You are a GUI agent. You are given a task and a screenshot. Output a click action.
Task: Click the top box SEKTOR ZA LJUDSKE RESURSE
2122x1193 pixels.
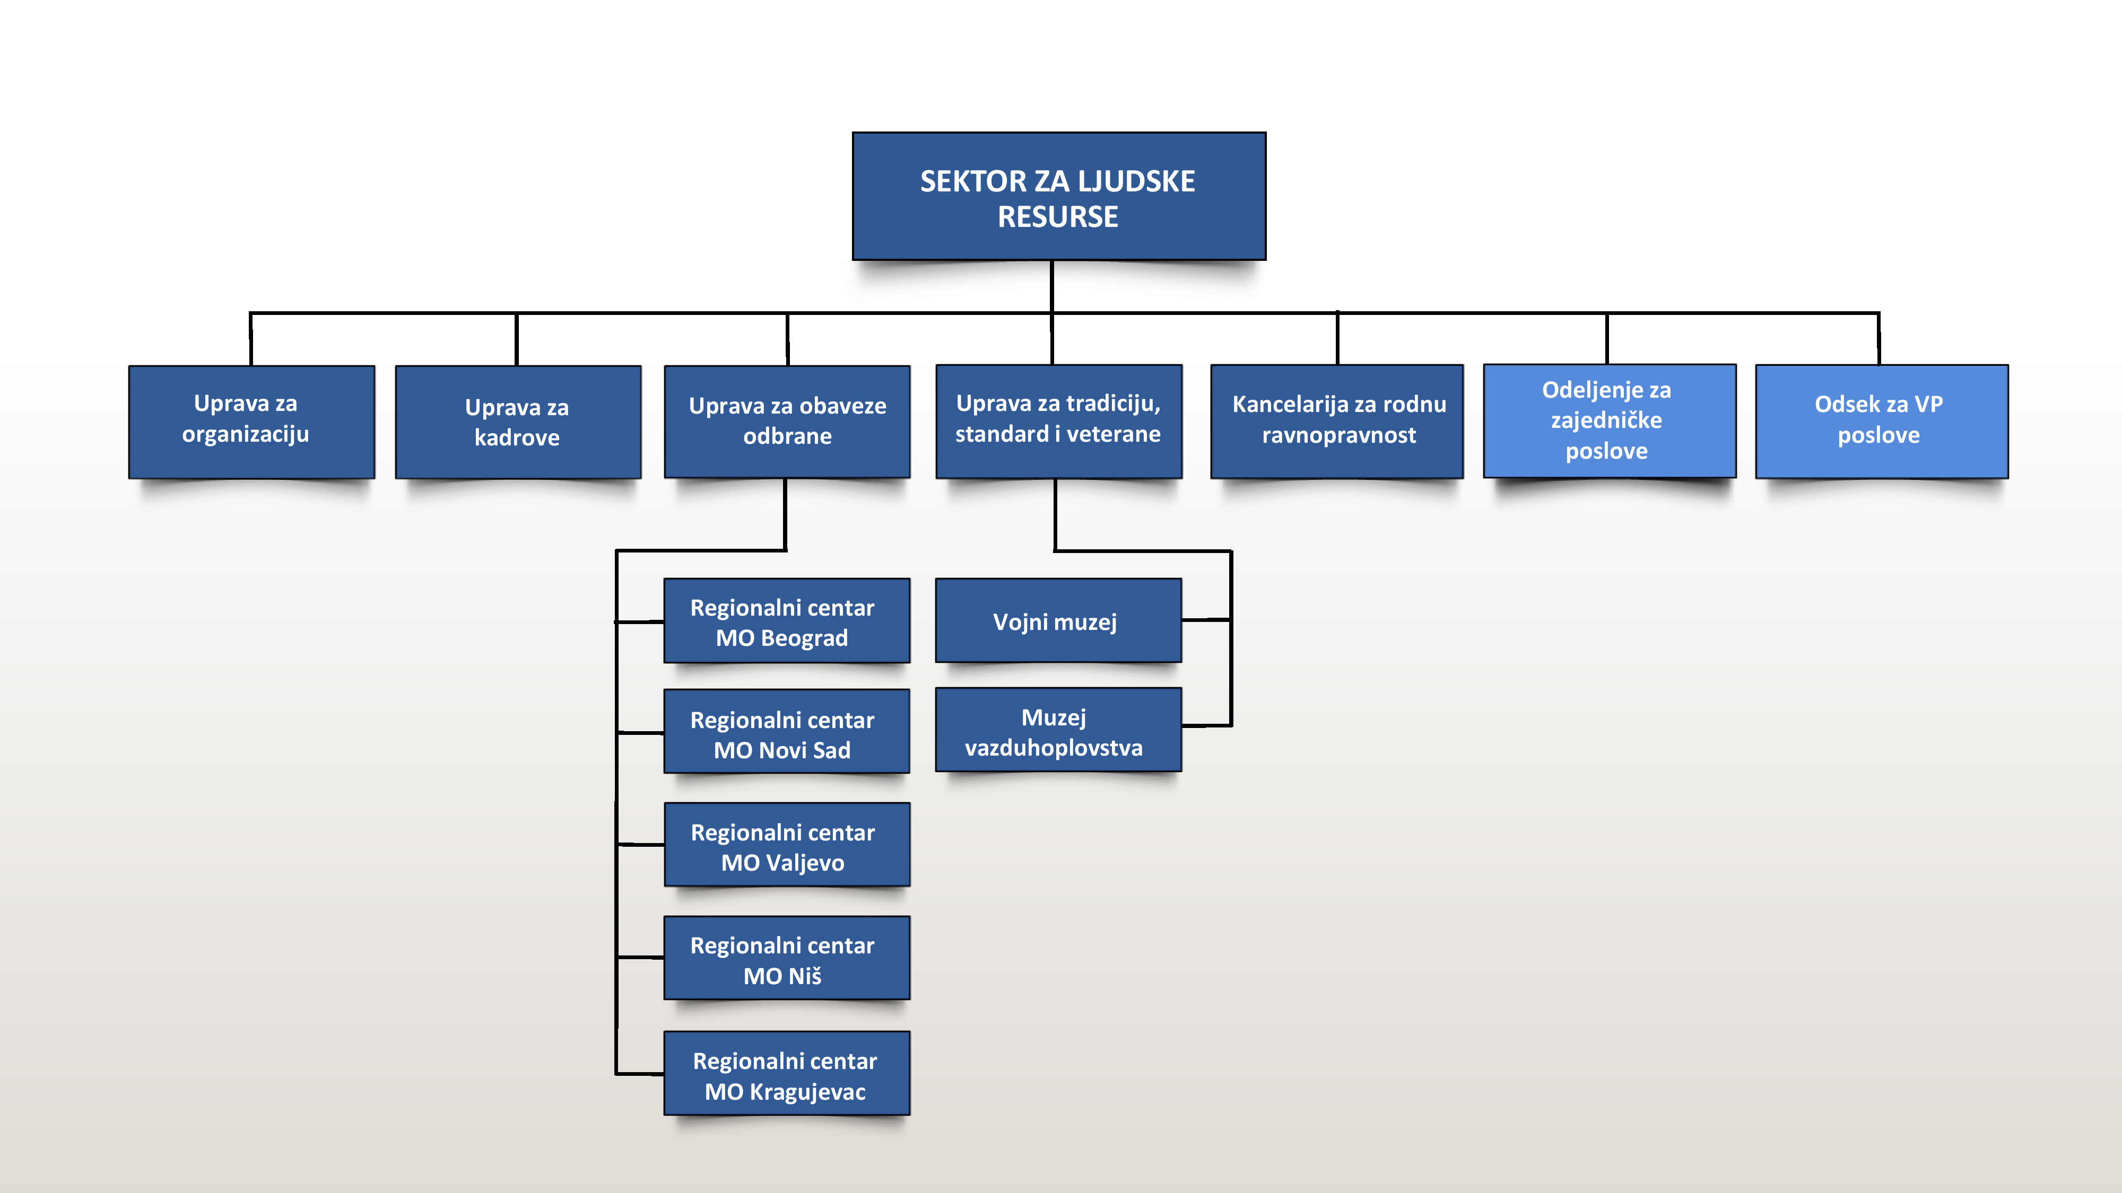[1058, 196]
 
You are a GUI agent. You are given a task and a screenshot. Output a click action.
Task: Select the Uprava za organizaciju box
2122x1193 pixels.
[251, 422]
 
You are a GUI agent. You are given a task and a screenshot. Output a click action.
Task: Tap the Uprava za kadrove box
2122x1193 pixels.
[518, 422]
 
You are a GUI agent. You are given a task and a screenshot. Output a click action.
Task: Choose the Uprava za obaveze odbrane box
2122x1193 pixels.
[787, 422]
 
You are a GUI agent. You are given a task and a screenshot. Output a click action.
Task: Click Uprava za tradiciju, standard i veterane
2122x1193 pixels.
[1058, 422]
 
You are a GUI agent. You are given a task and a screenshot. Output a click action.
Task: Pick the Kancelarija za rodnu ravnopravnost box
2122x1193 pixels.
[1337, 422]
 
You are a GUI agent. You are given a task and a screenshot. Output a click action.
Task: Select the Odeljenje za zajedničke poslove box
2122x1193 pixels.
[1610, 420]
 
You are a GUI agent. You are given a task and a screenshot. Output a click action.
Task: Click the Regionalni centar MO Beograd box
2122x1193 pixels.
[787, 621]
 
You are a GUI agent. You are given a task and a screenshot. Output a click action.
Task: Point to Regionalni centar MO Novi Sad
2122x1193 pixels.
[787, 731]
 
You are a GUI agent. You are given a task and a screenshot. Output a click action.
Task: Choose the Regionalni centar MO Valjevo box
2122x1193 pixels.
[787, 845]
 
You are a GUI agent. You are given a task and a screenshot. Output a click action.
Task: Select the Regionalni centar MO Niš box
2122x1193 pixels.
[787, 958]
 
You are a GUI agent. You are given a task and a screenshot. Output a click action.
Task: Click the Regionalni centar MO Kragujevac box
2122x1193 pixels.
[787, 1073]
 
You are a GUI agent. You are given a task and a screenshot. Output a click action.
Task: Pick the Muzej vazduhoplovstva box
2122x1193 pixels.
[1058, 730]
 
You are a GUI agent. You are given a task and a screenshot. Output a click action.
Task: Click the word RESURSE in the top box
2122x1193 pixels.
[1058, 216]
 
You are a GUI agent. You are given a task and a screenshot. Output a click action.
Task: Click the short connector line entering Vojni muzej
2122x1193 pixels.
[1207, 620]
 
